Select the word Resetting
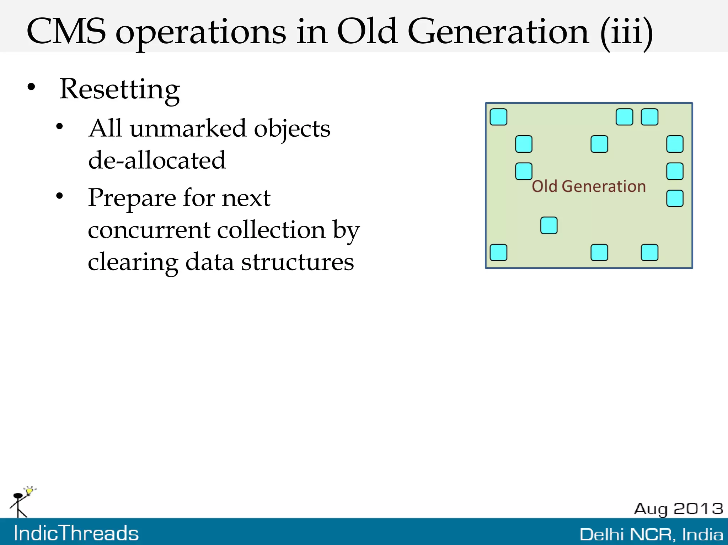pyautogui.click(x=119, y=89)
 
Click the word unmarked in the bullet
pyautogui.click(x=188, y=129)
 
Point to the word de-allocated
pyautogui.click(x=157, y=160)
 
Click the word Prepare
pyautogui.click(x=132, y=198)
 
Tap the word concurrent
pyautogui.click(x=149, y=230)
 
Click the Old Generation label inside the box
pyautogui.click(x=588, y=186)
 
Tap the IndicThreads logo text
pyautogui.click(x=76, y=533)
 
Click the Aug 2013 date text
pyautogui.click(x=678, y=509)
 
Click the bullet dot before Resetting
pyautogui.click(x=32, y=87)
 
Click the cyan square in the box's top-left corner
pyautogui.click(x=498, y=117)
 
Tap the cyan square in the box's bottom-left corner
pyautogui.click(x=498, y=252)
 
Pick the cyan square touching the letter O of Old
pyautogui.click(x=524, y=171)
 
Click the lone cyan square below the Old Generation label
pyautogui.click(x=548, y=225)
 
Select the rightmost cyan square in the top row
pyautogui.click(x=649, y=117)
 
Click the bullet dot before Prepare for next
pyautogui.click(x=60, y=195)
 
